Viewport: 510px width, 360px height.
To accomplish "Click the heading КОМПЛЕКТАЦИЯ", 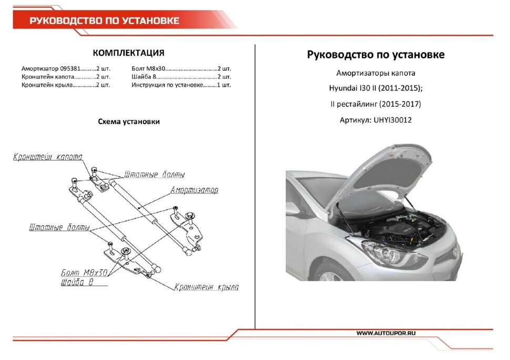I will tap(128, 53).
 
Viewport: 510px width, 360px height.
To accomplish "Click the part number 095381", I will tap(70, 69).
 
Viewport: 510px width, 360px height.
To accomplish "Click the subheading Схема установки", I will tap(129, 121).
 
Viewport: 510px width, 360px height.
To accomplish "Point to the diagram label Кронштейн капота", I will tap(48, 157).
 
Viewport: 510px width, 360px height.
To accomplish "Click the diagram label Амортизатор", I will tap(194, 190).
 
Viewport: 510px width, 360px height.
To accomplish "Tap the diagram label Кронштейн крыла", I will tap(207, 287).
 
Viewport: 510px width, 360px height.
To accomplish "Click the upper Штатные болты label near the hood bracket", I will tap(155, 174).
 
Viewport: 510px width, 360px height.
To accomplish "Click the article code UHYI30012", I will tap(393, 120).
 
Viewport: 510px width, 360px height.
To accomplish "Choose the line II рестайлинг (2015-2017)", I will tap(375, 104).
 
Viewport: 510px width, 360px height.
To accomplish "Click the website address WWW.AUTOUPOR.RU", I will tap(386, 333).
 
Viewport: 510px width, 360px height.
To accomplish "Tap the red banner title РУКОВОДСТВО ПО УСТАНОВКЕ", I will tap(104, 21).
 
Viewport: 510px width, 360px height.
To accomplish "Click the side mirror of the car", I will tap(292, 209).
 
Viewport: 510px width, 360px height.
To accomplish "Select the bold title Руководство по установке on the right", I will tap(375, 55).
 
